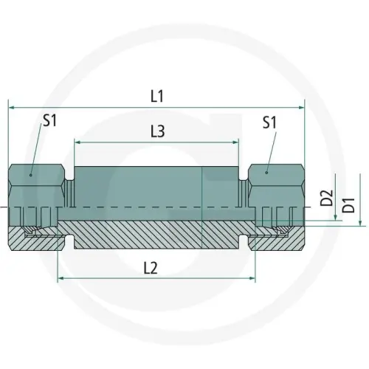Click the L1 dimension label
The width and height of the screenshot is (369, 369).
point(157,96)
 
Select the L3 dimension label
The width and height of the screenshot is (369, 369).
point(156,131)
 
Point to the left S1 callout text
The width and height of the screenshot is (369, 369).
point(49,123)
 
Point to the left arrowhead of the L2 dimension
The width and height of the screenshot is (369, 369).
point(61,280)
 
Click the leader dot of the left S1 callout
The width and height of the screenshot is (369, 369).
point(31,176)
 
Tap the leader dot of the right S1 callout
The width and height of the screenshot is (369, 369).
point(267,176)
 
